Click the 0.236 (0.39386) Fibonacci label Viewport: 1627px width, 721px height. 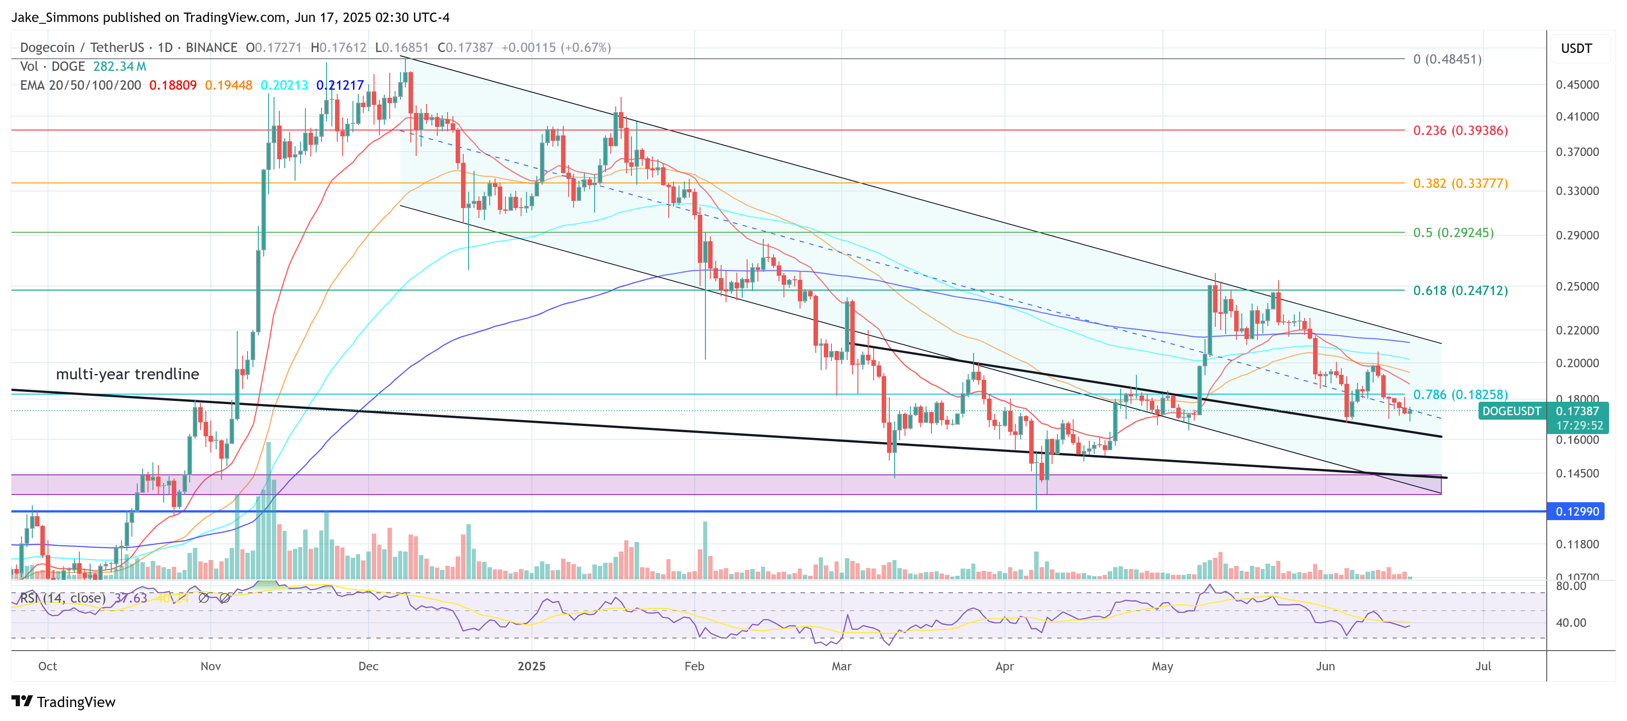[1460, 130]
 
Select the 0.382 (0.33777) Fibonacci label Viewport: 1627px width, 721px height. [1460, 184]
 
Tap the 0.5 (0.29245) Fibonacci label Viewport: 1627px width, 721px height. [1453, 233]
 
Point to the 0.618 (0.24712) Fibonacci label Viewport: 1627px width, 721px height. [1460, 291]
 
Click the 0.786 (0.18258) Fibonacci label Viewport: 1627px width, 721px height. [1460, 395]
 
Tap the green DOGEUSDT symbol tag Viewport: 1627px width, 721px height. [1511, 412]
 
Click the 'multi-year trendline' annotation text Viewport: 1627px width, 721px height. [127, 374]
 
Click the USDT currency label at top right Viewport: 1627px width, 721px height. [1576, 48]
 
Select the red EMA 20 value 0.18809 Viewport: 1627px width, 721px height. [172, 85]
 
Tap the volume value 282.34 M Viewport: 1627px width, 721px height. [119, 66]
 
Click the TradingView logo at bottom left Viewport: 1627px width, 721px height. [64, 702]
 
